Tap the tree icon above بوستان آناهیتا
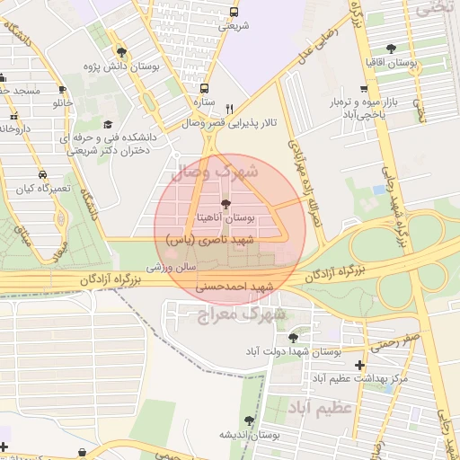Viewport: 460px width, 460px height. [225, 205]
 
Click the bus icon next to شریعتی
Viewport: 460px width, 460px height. [234, 13]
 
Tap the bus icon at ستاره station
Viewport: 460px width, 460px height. [204, 89]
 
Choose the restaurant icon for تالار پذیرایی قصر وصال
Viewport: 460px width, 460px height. [229, 106]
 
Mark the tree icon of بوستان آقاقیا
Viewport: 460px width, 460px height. [390, 49]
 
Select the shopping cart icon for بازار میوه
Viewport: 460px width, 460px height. [363, 89]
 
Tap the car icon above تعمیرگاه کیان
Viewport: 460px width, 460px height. [42, 175]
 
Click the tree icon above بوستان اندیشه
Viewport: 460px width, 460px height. [249, 420]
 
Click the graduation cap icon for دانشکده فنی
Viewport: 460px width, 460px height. [108, 124]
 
